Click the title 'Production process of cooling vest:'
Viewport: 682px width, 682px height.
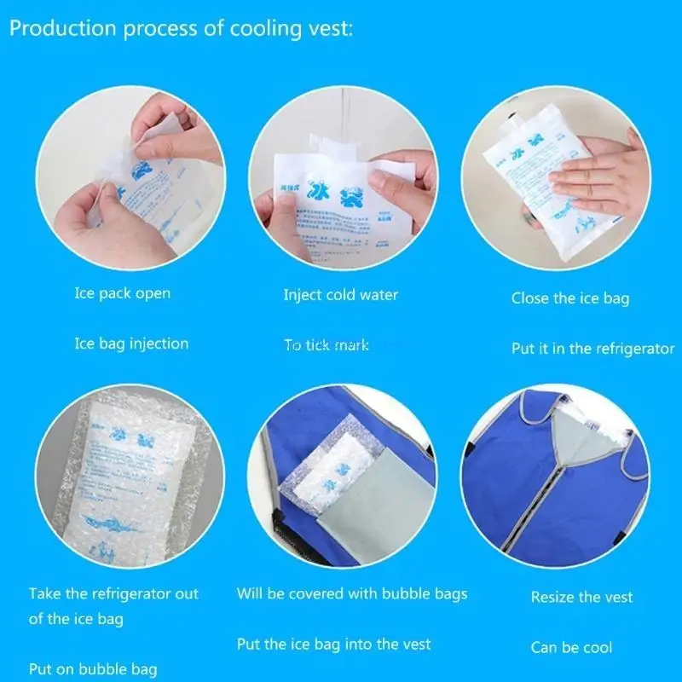click(x=182, y=29)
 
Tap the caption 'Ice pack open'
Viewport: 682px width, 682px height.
click(x=122, y=293)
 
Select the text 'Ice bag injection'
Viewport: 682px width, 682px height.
click(x=130, y=344)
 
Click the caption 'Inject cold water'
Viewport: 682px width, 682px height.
click(x=340, y=295)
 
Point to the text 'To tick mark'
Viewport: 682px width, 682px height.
click(x=327, y=345)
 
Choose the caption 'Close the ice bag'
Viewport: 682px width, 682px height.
click(x=570, y=298)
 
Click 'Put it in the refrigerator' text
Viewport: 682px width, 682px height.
click(x=592, y=348)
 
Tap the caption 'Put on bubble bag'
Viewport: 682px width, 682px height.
click(x=92, y=668)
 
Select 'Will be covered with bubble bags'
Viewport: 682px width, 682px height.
click(x=352, y=593)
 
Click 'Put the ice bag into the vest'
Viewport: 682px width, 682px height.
click(x=334, y=644)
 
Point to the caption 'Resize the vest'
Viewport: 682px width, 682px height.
click(x=581, y=597)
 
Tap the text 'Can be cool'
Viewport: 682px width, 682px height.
click(x=571, y=647)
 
